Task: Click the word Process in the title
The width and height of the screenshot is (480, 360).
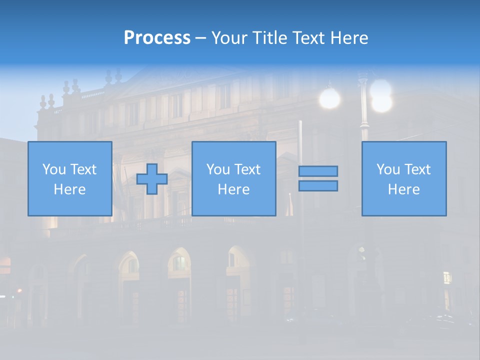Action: click(157, 38)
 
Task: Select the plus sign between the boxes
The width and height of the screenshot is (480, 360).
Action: click(152, 179)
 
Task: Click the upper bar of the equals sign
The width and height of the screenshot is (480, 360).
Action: click(318, 171)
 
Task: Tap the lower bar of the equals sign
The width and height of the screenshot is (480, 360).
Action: click(318, 185)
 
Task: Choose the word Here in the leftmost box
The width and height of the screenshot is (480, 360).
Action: click(69, 189)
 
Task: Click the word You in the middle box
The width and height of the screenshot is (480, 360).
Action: click(218, 169)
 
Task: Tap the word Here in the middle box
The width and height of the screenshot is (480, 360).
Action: click(233, 189)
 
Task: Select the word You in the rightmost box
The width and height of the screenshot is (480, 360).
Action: click(388, 169)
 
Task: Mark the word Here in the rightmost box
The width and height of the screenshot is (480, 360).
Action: click(403, 189)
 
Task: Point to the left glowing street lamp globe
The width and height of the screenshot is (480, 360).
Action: click(329, 98)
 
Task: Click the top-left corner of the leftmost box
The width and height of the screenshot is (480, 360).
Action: click(28, 142)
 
